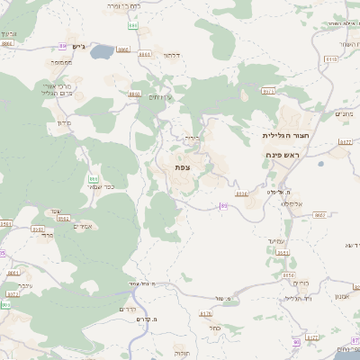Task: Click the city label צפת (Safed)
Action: pos(182,167)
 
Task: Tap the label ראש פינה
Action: pos(282,155)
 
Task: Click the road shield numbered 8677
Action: pos(346,142)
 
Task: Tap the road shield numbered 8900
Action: pos(134,94)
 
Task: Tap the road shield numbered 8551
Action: pos(283,253)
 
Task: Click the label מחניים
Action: pos(346,114)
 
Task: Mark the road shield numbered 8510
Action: pos(330,59)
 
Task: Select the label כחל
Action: pos(214,328)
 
